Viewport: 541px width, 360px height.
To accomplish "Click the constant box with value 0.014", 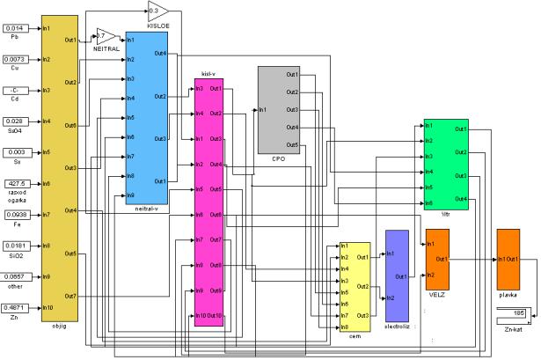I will coord(15,29).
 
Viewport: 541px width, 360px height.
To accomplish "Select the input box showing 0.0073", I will coord(15,60).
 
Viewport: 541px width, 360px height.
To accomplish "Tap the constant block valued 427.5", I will coord(15,183).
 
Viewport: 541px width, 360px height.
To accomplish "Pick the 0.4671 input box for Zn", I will coord(15,307).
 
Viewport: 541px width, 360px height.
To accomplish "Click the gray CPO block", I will coord(280,109).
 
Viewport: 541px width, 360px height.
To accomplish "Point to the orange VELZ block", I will coord(437,260).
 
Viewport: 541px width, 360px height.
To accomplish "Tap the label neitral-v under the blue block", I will coord(146,209).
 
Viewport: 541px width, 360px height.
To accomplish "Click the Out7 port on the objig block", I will coord(70,298).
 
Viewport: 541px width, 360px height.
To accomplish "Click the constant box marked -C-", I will coord(15,91).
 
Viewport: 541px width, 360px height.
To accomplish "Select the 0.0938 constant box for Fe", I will coord(15,214).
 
